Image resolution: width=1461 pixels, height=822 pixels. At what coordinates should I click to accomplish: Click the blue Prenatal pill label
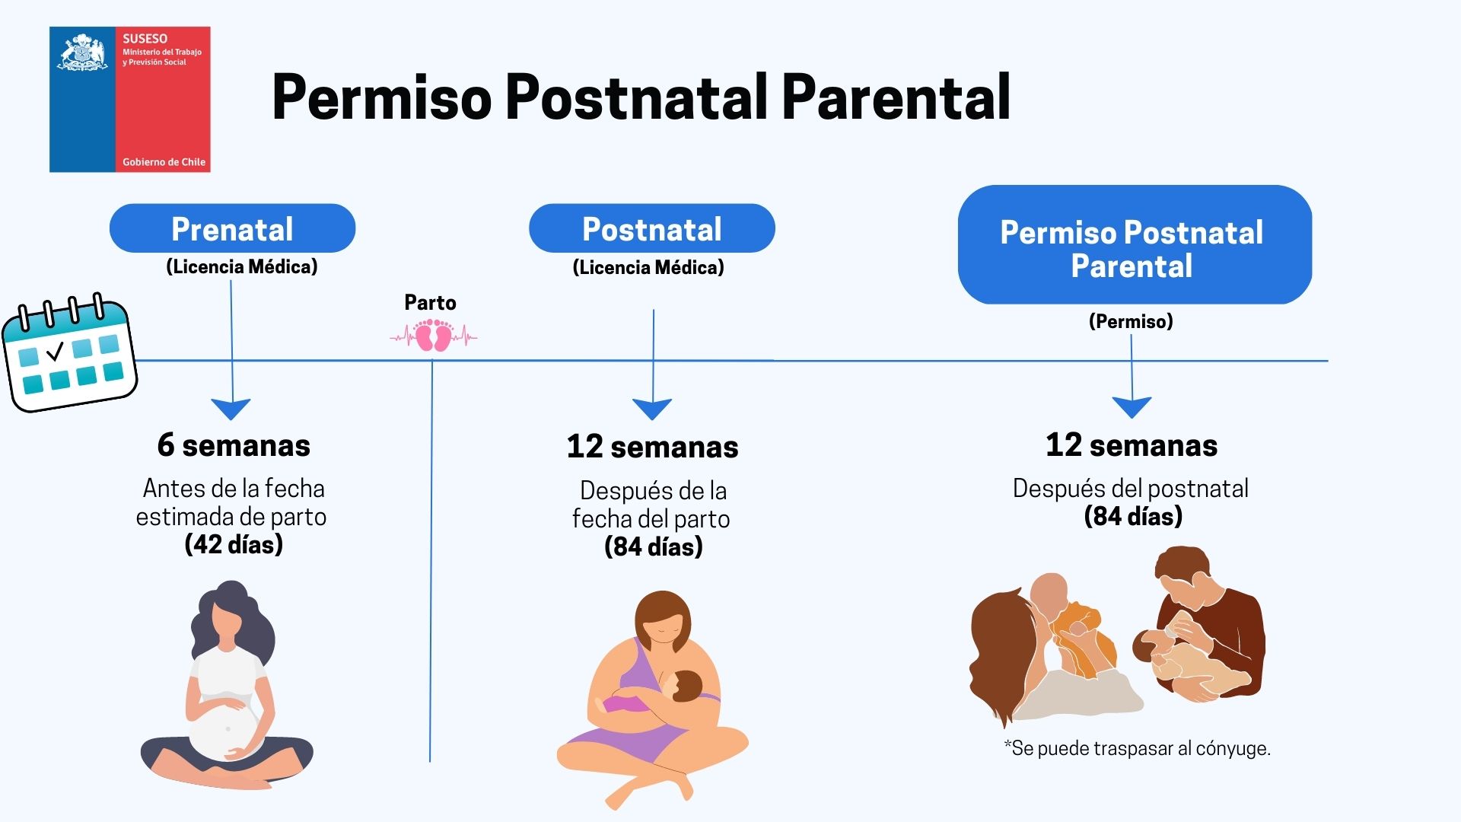pos(232,228)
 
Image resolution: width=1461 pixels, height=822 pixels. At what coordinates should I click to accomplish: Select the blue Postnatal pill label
pos(652,228)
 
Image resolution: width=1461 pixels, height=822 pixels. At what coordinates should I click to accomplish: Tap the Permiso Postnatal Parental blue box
pos(1135,245)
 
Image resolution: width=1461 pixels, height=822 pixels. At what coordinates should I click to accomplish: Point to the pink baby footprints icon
pos(434,336)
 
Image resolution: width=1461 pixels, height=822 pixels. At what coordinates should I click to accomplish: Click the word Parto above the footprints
pos(430,303)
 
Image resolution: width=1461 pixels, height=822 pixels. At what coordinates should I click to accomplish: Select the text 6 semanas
pos(234,445)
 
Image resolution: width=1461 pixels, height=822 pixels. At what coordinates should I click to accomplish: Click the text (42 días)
pos(234,545)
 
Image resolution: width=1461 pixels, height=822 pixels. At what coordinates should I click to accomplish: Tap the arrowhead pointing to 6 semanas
pos(231,409)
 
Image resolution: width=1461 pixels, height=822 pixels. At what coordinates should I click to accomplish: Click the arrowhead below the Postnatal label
pos(653,409)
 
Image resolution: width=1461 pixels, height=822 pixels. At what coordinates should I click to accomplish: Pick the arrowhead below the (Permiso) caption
pos(1132,407)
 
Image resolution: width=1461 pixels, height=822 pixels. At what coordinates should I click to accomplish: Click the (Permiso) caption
pos(1131,321)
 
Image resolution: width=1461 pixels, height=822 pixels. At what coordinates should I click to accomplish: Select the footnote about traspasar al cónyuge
pos(1137,748)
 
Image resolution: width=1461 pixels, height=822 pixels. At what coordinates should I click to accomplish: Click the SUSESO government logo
pos(130,100)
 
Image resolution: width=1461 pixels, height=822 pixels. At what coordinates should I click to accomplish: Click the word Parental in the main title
pos(896,97)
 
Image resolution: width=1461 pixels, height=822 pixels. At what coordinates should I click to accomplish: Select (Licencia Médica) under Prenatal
pos(242,267)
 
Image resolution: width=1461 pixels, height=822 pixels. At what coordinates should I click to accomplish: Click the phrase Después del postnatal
pos(1131,489)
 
